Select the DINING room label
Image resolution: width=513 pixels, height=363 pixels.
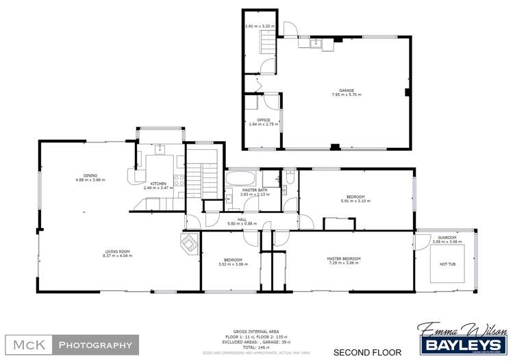[x=90, y=175]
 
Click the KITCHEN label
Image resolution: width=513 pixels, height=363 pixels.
[x=158, y=184]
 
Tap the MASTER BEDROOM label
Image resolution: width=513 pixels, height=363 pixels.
[x=344, y=258]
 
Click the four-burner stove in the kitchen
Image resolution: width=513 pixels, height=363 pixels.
[x=180, y=181]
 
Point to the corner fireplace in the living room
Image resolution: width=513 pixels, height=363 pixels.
[x=189, y=243]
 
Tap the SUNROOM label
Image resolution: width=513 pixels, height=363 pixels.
[x=446, y=238]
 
